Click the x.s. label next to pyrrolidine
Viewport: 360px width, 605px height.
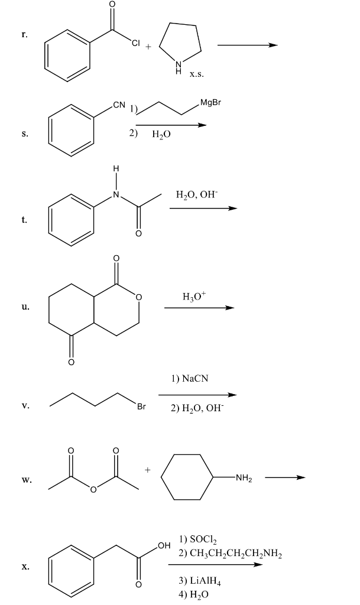[x=197, y=75]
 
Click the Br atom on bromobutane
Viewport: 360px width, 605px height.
[x=141, y=406]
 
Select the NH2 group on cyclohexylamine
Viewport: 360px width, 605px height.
[x=244, y=478]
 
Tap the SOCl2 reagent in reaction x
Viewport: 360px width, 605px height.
[x=193, y=539]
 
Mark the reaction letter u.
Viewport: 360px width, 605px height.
[x=24, y=307]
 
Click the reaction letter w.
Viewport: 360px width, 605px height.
[x=25, y=480]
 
